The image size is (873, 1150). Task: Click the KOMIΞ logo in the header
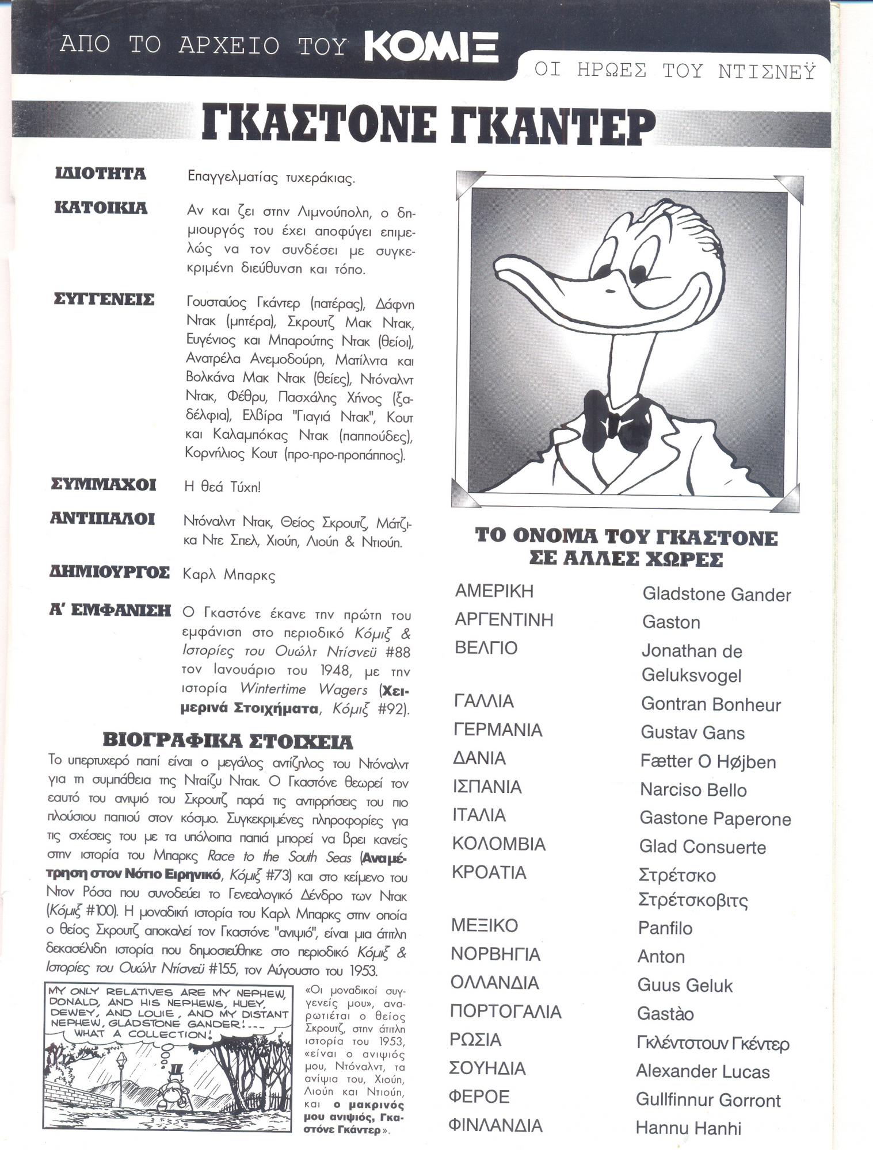pos(431,46)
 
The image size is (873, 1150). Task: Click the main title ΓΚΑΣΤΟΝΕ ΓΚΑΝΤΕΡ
pos(429,126)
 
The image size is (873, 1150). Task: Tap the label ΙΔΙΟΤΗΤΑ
pos(100,174)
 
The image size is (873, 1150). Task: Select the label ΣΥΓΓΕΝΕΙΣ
pos(104,300)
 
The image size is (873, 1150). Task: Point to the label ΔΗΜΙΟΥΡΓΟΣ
pos(109,573)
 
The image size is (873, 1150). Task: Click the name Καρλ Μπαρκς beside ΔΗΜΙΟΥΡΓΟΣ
pos(228,575)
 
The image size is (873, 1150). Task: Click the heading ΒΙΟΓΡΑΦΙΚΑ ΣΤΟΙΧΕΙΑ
pos(227,741)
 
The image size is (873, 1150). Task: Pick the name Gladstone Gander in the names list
pos(716,595)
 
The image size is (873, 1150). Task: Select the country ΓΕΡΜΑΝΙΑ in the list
pos(498,730)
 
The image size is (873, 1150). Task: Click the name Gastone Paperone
pos(715,819)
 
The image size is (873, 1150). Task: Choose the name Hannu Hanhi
pos(688,1128)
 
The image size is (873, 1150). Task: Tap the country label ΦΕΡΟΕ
pos(479,1097)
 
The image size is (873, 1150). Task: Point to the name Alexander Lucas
pos(703,1071)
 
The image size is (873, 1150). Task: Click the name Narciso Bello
pos(693,790)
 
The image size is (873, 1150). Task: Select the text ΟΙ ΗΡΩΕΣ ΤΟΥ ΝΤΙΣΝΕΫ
pos(674,71)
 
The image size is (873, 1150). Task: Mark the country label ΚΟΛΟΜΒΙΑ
pos(498,844)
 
